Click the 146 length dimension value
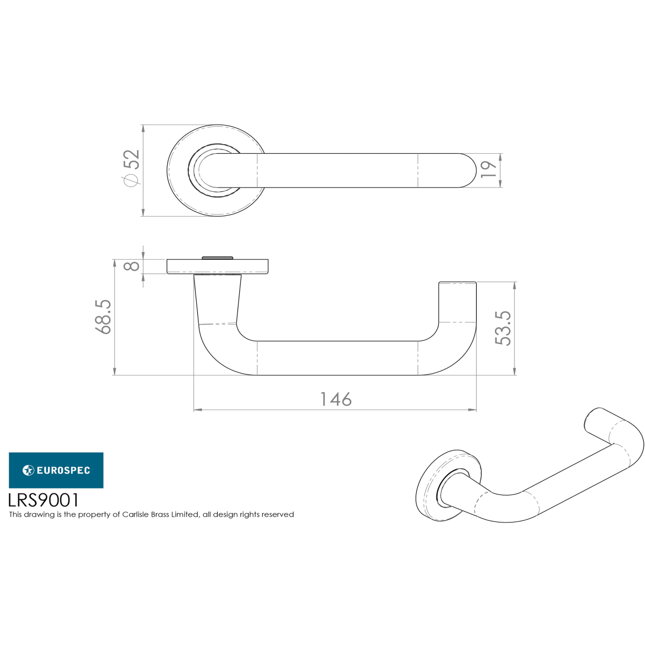point(336,399)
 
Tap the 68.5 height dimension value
point(103,317)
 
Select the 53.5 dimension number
point(503,328)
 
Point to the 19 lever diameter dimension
point(489,169)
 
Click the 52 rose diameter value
point(131,159)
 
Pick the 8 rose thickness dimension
point(131,266)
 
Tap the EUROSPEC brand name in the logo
point(63,470)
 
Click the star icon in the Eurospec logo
point(28,470)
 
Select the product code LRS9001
point(44,500)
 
